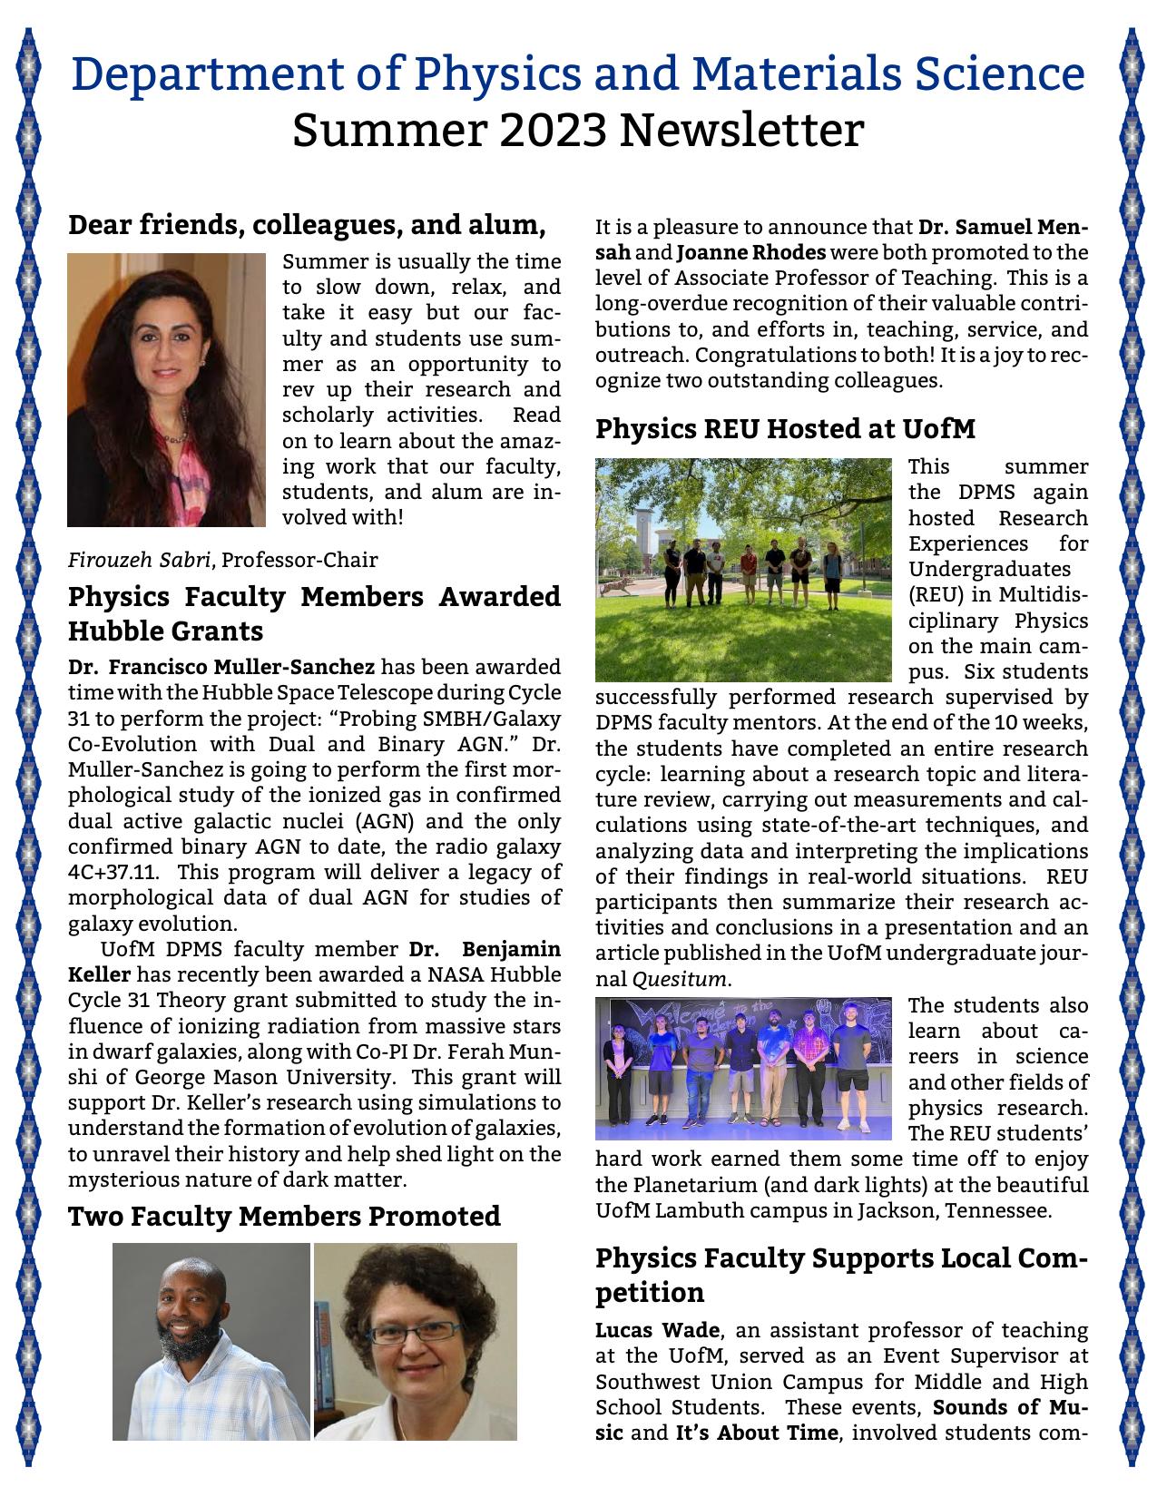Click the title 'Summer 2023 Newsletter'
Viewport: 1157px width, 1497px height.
(x=577, y=130)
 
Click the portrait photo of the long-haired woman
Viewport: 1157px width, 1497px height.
(x=166, y=390)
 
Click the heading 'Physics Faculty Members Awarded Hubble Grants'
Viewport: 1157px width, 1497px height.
(x=314, y=614)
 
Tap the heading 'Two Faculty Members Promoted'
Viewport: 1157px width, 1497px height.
(x=284, y=1216)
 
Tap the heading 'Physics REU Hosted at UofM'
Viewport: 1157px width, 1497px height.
(x=785, y=429)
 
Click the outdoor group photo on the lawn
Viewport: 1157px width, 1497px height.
(x=743, y=571)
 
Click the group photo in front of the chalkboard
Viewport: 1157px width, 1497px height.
(x=743, y=1068)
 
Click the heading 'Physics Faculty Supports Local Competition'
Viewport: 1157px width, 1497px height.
(x=841, y=1275)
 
